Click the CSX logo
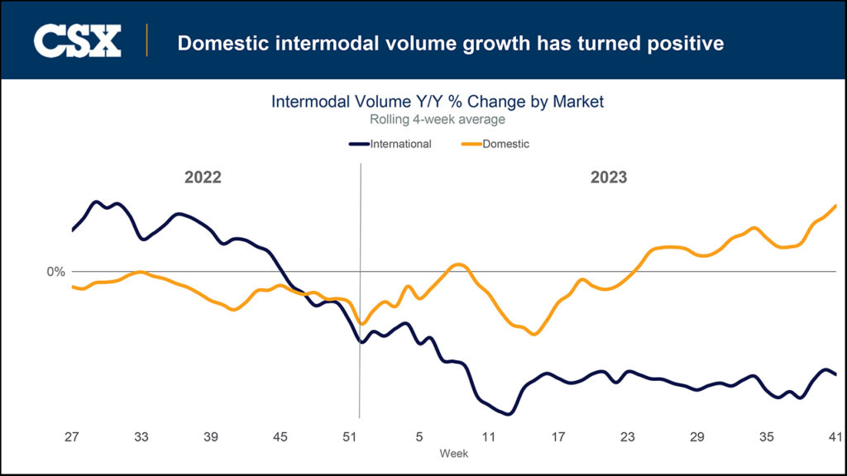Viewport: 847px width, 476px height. (78, 41)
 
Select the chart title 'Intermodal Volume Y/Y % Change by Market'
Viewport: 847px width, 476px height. (438, 102)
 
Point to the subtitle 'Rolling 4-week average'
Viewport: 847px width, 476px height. (438, 120)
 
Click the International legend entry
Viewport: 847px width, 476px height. (391, 144)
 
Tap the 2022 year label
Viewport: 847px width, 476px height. (203, 178)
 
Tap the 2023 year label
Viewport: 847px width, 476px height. (608, 178)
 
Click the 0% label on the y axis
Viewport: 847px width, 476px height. (56, 271)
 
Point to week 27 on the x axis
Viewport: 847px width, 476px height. (72, 437)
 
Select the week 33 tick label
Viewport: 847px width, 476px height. (141, 437)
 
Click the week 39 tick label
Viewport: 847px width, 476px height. (211, 437)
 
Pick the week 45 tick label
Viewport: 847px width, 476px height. (280, 437)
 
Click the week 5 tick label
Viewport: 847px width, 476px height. (419, 437)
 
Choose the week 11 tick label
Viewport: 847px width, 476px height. (489, 437)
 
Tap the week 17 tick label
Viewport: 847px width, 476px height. (558, 437)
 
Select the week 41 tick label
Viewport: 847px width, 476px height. (835, 437)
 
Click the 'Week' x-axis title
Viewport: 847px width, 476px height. (454, 453)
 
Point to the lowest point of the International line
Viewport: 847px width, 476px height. (507, 414)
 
